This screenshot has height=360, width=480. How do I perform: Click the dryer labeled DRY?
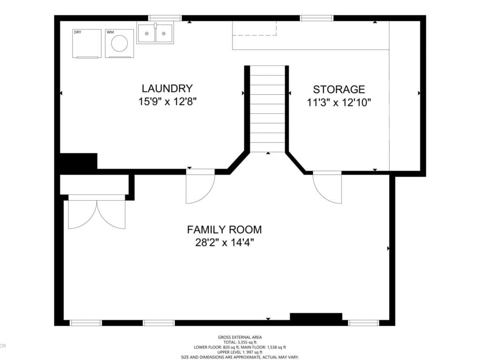(87, 43)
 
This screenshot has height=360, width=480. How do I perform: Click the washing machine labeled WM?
(119, 43)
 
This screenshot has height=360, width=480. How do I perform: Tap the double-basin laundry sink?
(155, 33)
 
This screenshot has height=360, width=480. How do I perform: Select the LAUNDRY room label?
(167, 88)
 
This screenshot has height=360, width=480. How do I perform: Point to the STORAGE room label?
(339, 89)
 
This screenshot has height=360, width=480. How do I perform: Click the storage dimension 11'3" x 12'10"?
(339, 102)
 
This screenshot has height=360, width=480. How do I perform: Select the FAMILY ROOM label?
(224, 230)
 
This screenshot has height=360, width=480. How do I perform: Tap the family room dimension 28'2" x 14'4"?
(225, 243)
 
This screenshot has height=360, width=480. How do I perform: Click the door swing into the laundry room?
(200, 187)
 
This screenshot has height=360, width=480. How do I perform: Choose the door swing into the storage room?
(328, 187)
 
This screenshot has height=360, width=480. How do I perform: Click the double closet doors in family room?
(97, 215)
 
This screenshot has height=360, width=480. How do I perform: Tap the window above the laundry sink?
(165, 18)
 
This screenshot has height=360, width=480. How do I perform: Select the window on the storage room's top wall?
(317, 18)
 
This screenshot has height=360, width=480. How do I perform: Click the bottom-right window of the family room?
(363, 322)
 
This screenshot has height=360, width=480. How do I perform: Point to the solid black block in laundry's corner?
(78, 162)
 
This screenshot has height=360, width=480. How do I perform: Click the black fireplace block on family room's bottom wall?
(315, 318)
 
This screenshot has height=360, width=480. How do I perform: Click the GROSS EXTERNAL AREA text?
(240, 337)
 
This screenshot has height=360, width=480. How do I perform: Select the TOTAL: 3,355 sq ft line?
(240, 342)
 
